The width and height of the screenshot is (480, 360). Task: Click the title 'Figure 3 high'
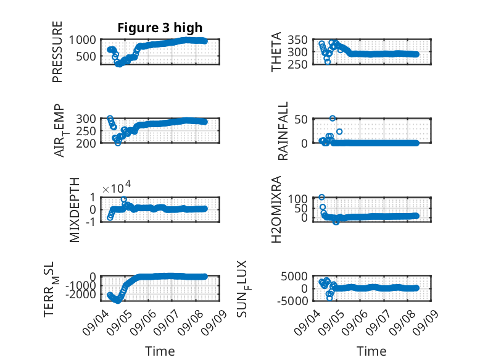(160, 28)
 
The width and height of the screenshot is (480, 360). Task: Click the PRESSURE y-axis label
(57, 52)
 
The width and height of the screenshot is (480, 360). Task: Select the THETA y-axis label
(276, 52)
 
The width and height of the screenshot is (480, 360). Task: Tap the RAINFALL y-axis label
(283, 131)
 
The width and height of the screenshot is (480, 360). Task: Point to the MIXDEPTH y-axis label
(75, 209)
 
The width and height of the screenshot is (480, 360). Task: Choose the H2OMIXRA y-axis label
(276, 209)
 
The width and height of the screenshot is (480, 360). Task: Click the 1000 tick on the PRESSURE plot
(82, 40)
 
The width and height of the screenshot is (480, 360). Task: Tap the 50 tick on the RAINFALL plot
(301, 119)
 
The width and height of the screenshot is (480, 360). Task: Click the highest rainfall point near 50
(333, 119)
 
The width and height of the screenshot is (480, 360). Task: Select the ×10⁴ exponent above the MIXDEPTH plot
(117, 188)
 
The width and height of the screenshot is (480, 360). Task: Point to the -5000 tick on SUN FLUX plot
(292, 301)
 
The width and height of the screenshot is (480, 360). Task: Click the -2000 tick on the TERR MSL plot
(80, 295)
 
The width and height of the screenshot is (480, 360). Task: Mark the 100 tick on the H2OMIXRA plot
(298, 199)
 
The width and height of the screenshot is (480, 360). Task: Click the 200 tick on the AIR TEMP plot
(86, 143)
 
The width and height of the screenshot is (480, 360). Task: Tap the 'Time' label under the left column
(160, 351)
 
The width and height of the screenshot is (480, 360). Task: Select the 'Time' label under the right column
(371, 351)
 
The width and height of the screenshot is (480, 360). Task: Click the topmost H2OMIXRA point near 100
(321, 197)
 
